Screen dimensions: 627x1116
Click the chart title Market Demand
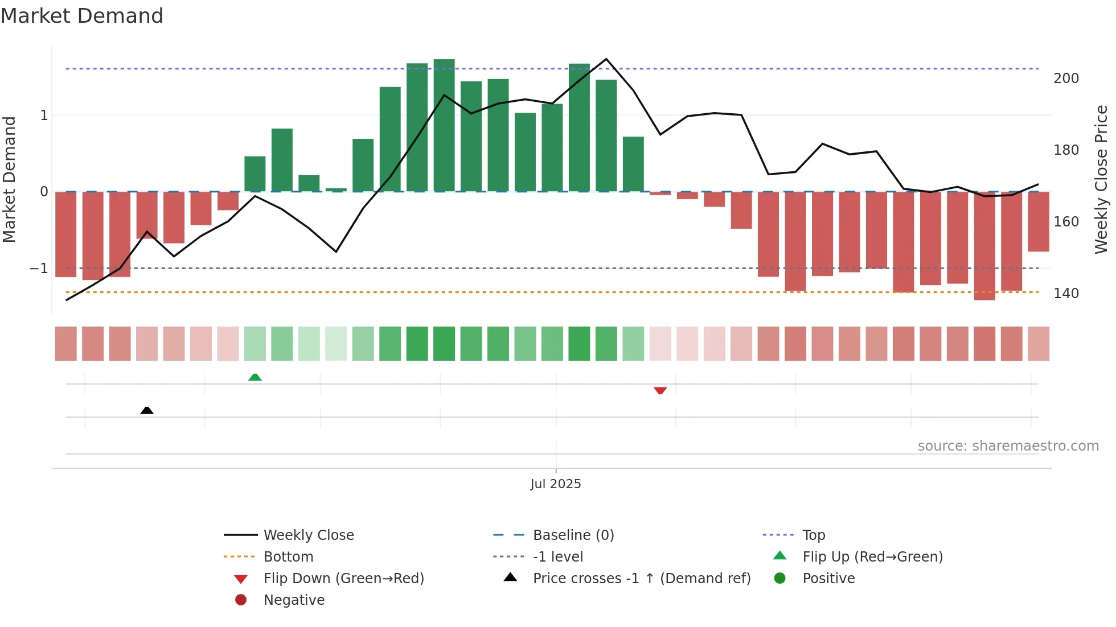[82, 16]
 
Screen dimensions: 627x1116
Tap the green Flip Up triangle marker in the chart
[255, 377]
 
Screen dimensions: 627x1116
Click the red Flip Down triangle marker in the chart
[660, 390]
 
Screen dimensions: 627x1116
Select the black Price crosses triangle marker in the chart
[147, 410]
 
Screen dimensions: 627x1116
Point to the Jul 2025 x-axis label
[555, 484]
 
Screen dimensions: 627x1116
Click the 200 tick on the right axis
[1066, 79]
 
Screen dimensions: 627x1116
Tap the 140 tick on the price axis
[1066, 294]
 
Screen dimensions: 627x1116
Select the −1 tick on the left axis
[39, 269]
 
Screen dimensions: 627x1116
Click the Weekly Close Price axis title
[1101, 179]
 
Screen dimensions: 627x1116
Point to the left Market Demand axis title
[10, 179]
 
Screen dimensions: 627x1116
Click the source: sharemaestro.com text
[1008, 446]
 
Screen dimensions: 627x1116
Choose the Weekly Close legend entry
[308, 535]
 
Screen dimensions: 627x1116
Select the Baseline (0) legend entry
[573, 535]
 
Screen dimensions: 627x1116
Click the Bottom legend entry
[288, 557]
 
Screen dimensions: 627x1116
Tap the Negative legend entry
[294, 600]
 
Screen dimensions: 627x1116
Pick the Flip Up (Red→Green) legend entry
[872, 557]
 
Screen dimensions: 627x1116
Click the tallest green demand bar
[444, 125]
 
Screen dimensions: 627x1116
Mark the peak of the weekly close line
[606, 59]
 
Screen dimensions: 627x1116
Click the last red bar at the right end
[1039, 222]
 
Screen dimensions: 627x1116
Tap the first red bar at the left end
[66, 234]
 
